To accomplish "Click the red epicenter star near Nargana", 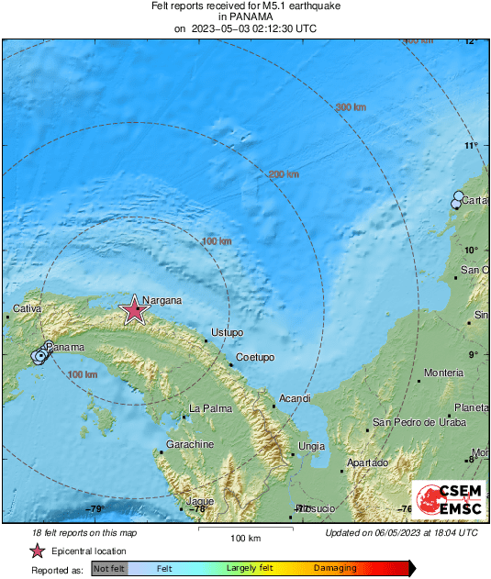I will pos(135,311).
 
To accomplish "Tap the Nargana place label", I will pos(162,300).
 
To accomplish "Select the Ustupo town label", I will pos(227,331).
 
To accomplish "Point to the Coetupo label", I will pos(255,357).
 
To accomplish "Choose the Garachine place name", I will pos(190,444).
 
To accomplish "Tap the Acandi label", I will pos(295,398).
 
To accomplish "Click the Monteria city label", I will pos(443,373).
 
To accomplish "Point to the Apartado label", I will pos(366,462).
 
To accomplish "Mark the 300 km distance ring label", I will pos(351,107).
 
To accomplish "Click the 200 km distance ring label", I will pos(284,174).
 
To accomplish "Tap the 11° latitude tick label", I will pos(472,145).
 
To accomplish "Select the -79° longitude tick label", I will pos(95,509).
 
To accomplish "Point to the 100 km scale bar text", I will pos(246,537).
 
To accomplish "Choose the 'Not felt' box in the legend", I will pos(109,569).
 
